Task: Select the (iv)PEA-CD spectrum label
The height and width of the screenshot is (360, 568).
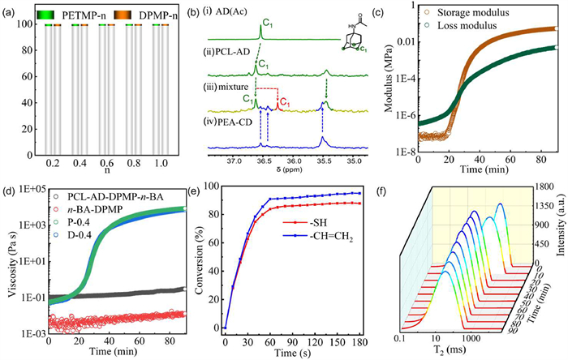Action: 232,122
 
